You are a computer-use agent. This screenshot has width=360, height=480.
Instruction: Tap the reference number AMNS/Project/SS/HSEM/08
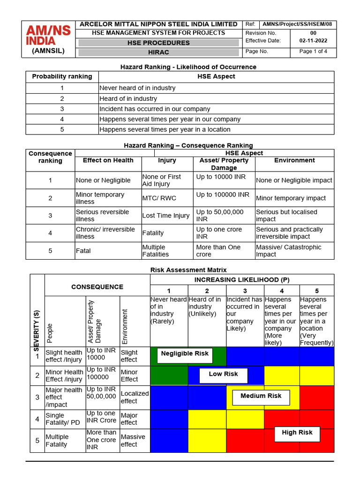click(299, 25)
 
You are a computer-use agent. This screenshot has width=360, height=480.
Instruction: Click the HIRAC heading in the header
click(158, 52)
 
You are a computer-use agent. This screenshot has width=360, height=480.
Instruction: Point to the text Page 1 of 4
click(313, 52)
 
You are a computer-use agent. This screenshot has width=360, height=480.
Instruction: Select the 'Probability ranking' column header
click(62, 76)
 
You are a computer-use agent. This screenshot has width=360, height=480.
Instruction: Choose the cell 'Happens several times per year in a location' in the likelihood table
click(165, 129)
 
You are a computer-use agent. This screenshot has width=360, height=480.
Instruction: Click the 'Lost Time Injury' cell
click(166, 216)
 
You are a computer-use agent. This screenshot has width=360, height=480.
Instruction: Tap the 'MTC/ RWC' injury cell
click(159, 198)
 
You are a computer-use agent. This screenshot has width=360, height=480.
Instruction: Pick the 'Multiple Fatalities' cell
click(154, 251)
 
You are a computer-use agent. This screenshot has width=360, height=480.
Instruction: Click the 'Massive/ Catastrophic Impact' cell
click(289, 251)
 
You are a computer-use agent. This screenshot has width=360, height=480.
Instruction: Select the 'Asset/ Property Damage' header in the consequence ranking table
click(224, 164)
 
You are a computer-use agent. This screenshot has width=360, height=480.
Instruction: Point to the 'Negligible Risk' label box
click(185, 354)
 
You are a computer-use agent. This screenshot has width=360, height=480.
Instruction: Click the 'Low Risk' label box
click(223, 375)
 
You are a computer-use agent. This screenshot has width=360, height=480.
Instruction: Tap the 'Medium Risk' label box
click(261, 396)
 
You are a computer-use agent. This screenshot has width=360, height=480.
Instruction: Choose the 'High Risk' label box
click(297, 433)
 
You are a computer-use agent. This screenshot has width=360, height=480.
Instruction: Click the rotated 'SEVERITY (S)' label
click(37, 329)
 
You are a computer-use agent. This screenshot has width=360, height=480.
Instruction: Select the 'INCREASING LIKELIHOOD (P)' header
click(241, 280)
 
